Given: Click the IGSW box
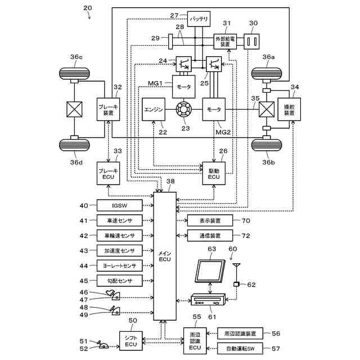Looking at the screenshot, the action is click(x=119, y=205).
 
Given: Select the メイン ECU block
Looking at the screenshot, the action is click(x=165, y=256).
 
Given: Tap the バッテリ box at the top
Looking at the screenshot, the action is click(x=199, y=19).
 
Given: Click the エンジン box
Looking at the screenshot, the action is click(x=154, y=110).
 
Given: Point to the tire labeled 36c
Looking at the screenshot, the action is click(x=74, y=74).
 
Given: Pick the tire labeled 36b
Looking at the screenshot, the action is click(x=267, y=145).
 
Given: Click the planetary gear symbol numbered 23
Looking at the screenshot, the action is click(x=184, y=110).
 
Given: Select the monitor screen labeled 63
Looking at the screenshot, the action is click(x=210, y=271).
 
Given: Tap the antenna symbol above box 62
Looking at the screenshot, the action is click(x=236, y=273).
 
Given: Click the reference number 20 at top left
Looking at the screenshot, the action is click(x=88, y=8).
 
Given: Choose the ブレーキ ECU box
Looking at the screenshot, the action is click(x=108, y=173).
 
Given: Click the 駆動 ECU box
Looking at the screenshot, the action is click(x=214, y=173).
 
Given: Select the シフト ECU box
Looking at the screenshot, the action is click(x=131, y=341).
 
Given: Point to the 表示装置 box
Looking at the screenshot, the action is click(x=210, y=220).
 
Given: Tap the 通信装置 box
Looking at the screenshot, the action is click(x=210, y=236).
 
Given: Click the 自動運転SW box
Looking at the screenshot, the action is click(x=240, y=349).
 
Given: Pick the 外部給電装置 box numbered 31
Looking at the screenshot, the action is click(x=225, y=42).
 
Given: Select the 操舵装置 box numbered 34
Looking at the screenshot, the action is click(x=289, y=110).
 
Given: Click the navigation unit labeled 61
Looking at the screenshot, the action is click(x=208, y=299).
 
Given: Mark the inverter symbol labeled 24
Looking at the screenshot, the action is click(x=184, y=64).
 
